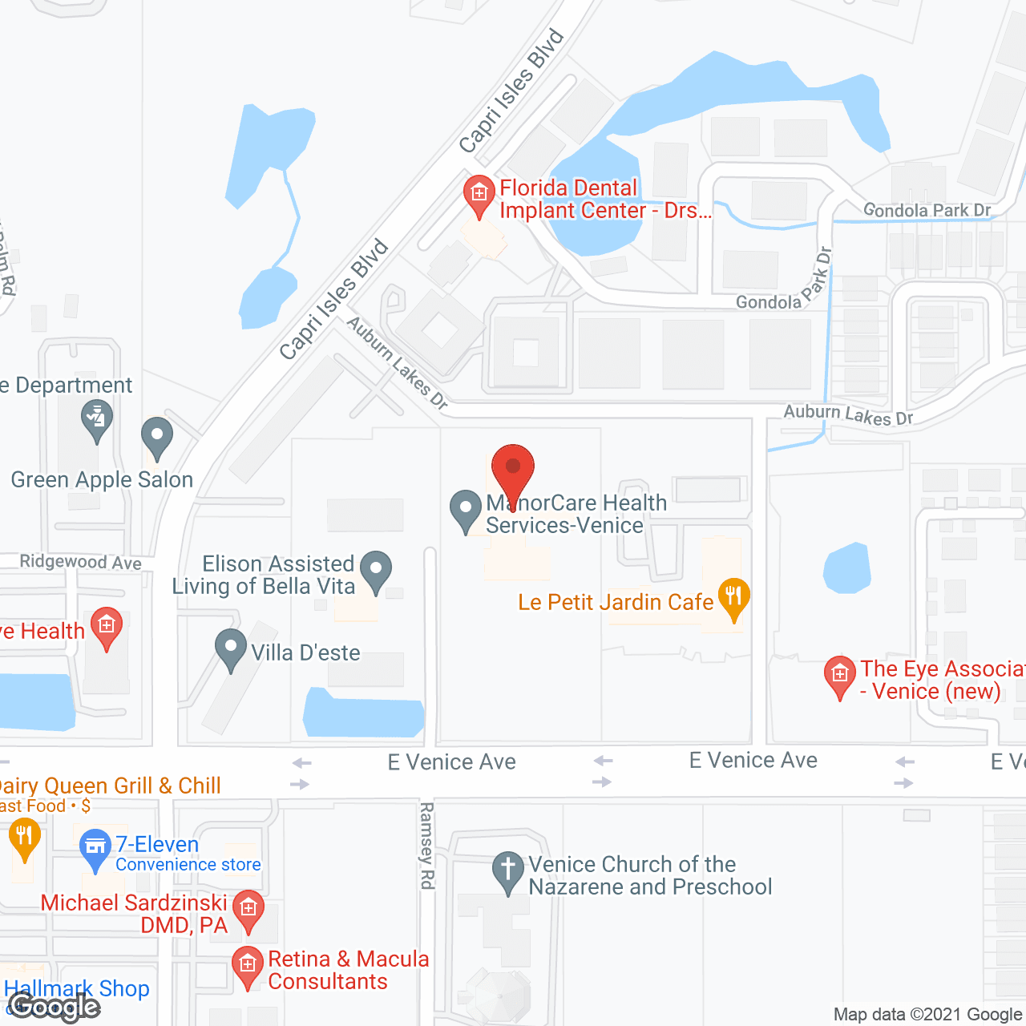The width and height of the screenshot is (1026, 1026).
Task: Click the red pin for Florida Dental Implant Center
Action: click(479, 195)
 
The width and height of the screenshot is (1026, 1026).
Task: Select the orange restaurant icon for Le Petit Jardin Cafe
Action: click(733, 598)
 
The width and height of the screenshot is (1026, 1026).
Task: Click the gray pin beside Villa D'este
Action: click(231, 648)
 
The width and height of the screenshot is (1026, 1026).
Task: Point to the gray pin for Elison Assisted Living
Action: click(376, 570)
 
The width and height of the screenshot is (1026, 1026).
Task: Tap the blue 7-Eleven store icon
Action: click(95, 848)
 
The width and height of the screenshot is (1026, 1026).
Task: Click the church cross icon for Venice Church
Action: click(507, 870)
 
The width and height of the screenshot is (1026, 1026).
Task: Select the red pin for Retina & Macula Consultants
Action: click(248, 966)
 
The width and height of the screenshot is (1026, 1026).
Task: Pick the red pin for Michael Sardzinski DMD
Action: click(248, 911)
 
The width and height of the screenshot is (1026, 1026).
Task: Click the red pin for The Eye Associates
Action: click(840, 676)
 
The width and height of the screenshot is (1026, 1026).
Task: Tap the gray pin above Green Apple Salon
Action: click(157, 438)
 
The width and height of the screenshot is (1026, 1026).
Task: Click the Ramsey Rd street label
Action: click(427, 846)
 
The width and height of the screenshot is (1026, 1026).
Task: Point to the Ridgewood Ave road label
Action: click(80, 562)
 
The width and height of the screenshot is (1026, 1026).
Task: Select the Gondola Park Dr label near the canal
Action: click(927, 210)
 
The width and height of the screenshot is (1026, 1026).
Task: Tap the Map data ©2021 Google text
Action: click(928, 1014)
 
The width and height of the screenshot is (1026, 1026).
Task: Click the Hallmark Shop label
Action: click(77, 989)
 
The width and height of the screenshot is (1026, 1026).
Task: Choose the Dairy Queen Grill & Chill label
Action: click(109, 786)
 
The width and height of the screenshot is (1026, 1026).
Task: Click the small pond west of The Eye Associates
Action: click(847, 568)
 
